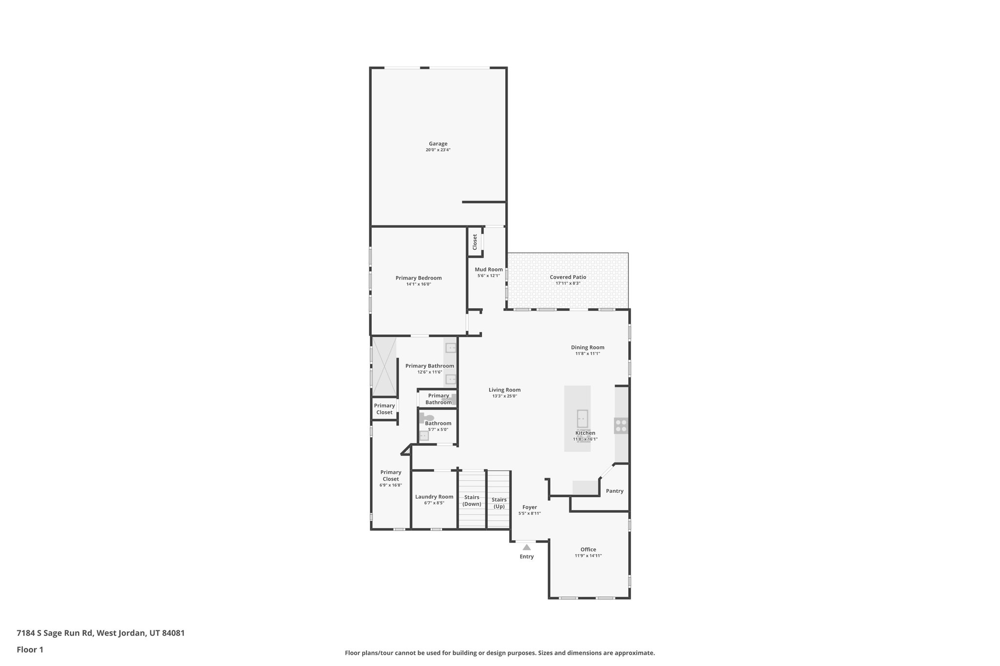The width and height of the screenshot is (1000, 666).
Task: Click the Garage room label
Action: [x=438, y=144]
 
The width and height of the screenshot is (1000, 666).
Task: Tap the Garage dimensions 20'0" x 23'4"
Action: [x=438, y=150]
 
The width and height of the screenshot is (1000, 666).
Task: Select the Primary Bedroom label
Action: [x=418, y=278]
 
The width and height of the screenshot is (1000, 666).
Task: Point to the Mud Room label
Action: [x=489, y=269]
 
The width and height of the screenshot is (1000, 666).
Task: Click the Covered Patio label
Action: [x=568, y=277]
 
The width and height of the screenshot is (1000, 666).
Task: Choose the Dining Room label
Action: [x=587, y=347]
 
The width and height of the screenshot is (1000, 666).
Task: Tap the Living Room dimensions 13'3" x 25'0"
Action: [x=504, y=396]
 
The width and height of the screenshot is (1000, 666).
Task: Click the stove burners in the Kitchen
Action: [x=621, y=426]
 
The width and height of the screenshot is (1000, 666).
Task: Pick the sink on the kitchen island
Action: [x=583, y=419]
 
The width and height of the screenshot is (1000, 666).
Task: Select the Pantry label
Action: [x=614, y=491]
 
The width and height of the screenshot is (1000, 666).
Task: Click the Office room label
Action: [x=588, y=549]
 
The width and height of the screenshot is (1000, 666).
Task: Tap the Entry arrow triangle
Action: [x=526, y=547]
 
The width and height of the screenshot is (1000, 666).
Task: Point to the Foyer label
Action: [x=529, y=507]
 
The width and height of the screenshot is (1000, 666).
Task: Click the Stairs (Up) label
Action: [x=499, y=503]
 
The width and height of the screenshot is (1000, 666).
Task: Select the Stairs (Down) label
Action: [x=472, y=501]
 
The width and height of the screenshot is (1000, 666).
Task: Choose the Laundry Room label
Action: [x=434, y=497]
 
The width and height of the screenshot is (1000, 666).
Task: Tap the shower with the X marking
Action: [x=384, y=366]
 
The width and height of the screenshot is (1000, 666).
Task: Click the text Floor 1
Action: [x=30, y=649]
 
